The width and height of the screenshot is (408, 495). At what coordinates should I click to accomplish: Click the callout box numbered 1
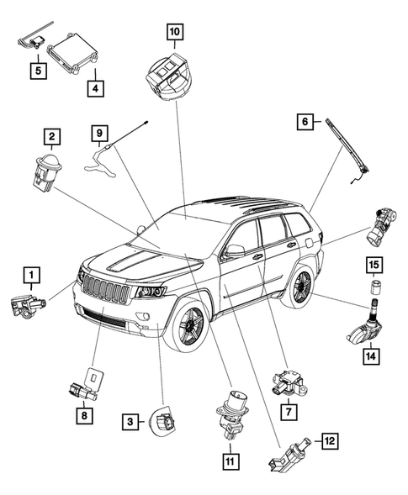point(30,274)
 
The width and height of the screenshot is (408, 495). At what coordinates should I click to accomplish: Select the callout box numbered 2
point(52,135)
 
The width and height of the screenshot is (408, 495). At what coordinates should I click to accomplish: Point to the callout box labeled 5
point(39,71)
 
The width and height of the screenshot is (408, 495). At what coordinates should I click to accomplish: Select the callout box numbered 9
point(98,132)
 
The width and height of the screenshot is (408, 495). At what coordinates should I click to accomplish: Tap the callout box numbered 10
point(174,33)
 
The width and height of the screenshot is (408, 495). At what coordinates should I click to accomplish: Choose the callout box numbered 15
point(372,266)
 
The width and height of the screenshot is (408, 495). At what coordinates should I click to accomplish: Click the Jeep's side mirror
point(232,250)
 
